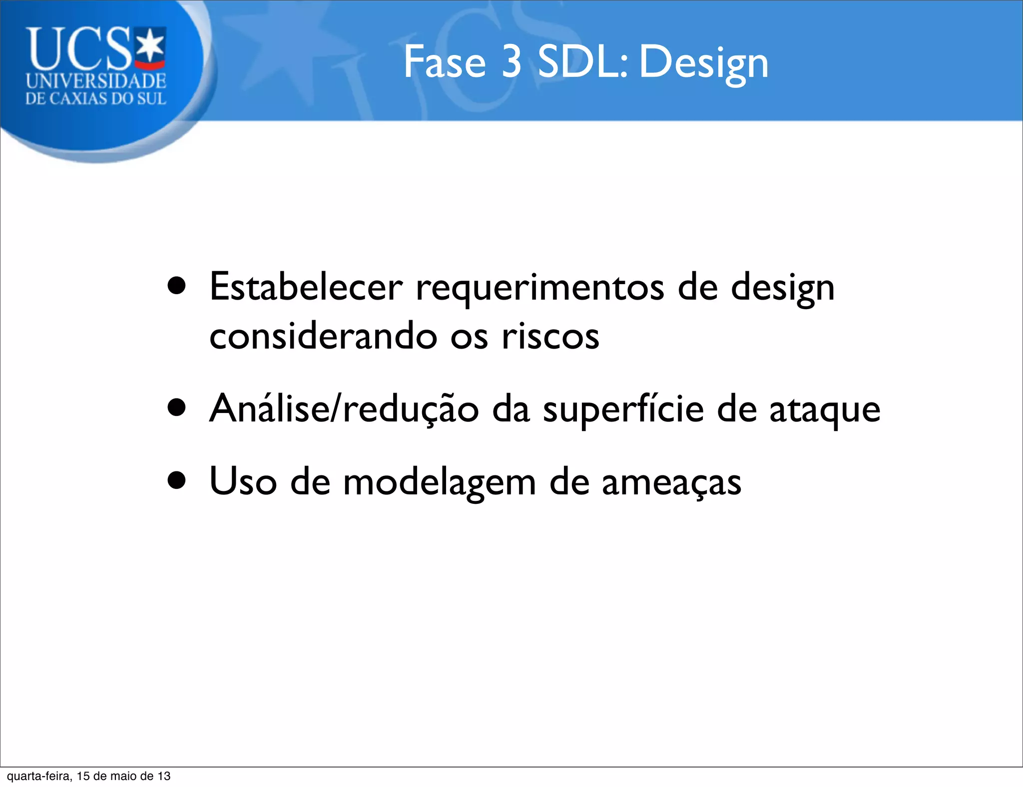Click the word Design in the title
click(703, 64)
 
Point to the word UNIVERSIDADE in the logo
click(96, 81)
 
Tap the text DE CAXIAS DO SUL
click(95, 98)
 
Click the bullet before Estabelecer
click(177, 287)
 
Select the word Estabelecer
click(306, 287)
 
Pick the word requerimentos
click(540, 289)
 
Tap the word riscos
click(550, 336)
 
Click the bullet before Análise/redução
click(177, 407)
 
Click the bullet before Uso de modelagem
click(177, 481)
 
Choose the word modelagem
click(439, 483)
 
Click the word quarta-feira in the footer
click(38, 776)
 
